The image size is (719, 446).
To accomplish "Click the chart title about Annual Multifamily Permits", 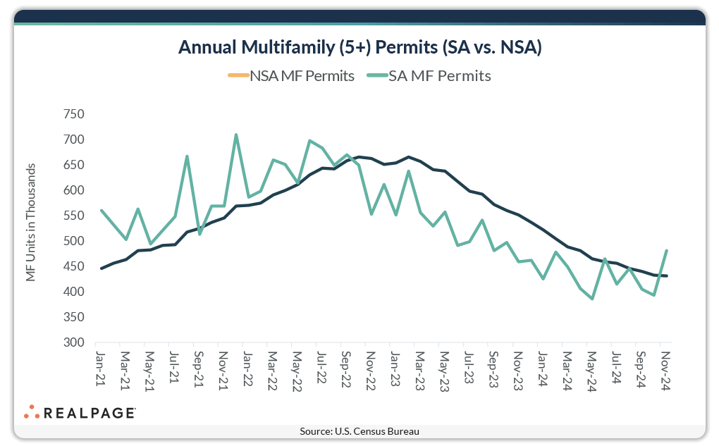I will (x=359, y=47).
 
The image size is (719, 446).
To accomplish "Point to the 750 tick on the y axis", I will (x=73, y=114).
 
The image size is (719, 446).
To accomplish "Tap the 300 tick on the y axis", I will (x=73, y=342).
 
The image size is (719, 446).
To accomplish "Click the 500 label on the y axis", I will (x=73, y=241).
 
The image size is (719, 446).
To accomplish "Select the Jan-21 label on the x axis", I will (x=100, y=368).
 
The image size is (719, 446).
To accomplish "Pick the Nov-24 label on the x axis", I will (x=665, y=368).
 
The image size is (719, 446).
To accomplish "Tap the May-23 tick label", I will (x=444, y=368).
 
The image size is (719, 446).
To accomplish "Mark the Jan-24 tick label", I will (x=542, y=368).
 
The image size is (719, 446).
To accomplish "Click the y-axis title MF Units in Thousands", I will (x=31, y=221).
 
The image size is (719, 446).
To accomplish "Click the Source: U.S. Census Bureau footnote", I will (x=359, y=431).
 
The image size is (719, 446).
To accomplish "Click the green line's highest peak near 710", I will (x=236, y=135).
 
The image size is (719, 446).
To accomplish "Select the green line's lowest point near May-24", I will (x=592, y=299).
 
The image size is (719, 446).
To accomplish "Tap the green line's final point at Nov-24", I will (x=666, y=251).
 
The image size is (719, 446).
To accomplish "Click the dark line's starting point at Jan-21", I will (x=102, y=268).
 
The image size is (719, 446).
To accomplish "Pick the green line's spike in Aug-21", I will (x=187, y=156).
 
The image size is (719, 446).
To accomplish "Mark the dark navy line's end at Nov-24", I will (x=666, y=275).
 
